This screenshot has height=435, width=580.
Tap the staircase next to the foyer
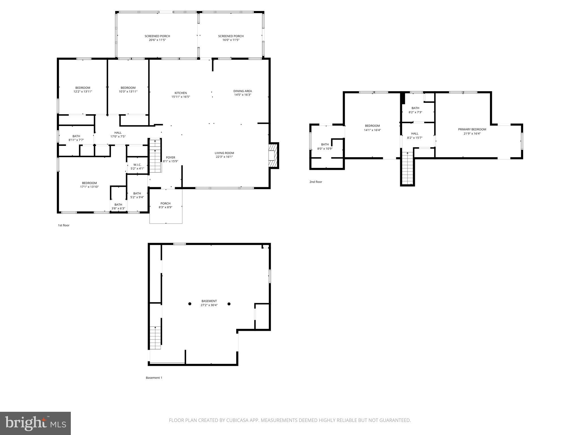155,155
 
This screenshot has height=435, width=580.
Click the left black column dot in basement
190,304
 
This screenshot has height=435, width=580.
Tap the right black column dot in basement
229,304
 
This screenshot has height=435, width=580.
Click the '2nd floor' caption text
315,182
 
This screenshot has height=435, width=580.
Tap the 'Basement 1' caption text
154,378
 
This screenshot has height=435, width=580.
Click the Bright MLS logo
35,423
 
